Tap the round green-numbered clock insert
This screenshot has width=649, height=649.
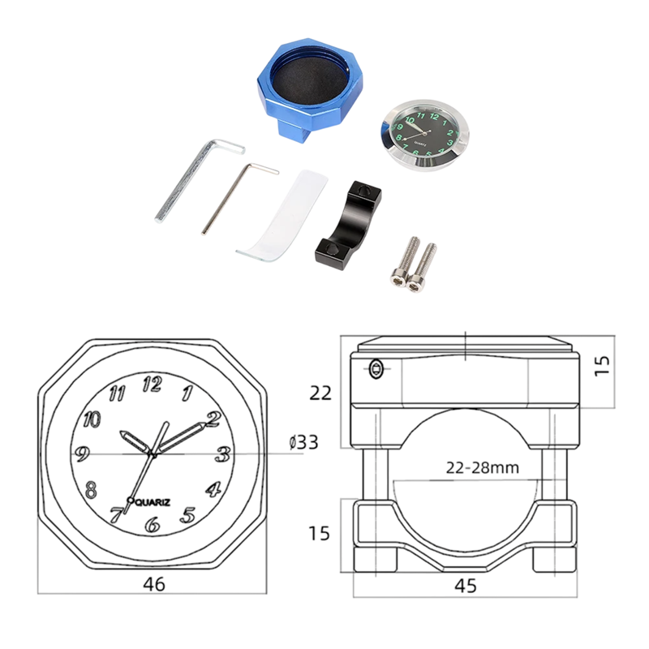424,135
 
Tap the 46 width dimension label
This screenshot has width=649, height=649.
154,584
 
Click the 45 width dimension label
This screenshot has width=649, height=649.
466,586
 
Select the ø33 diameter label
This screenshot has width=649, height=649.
303,442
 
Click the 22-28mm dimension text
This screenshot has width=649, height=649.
482,468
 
